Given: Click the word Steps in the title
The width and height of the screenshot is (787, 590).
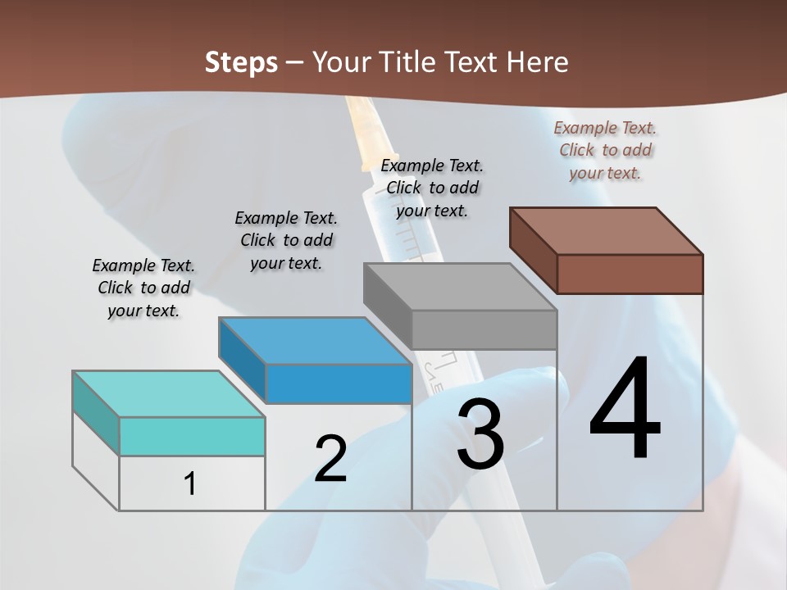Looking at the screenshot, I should point(241,62).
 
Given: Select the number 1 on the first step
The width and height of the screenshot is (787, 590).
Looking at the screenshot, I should point(190,483).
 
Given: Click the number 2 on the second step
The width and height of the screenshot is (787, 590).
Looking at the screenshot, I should point(330,459).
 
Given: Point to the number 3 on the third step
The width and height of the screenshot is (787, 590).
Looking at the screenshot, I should point(480,434).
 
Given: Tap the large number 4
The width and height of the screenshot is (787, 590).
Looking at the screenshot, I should point(625,410).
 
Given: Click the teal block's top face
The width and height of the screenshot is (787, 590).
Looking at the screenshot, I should point(168,393).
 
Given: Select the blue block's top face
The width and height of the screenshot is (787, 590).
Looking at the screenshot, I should point(315,340).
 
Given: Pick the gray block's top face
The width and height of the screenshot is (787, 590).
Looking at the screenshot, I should point(460,287).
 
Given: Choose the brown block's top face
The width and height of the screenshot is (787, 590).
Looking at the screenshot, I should point(606,230).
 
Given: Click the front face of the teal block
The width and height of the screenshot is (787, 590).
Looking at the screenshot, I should point(192,436).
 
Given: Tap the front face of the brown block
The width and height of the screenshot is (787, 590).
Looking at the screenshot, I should point(630,274).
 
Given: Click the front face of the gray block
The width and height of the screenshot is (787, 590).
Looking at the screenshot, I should point(484,329).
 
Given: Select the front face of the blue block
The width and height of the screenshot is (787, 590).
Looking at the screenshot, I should point(339,383).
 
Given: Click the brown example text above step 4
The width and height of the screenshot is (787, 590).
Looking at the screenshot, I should point(605,150).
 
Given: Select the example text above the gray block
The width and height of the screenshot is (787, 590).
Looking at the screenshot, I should point(432,188).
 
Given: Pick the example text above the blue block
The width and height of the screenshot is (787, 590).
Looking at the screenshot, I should point(286,240).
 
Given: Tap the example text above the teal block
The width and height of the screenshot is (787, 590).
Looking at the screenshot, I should point(143,288).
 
